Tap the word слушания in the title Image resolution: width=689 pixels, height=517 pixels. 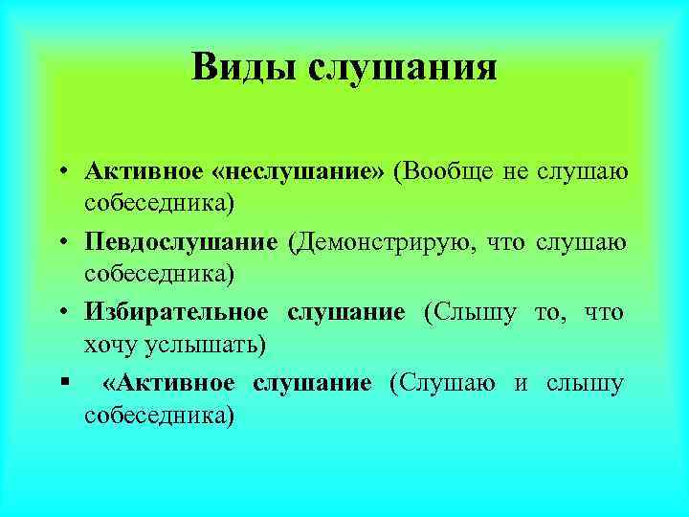(402, 68)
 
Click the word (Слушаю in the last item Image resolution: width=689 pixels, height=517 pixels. (442, 383)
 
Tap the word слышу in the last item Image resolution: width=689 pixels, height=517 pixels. (586, 383)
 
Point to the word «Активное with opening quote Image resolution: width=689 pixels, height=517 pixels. (167, 383)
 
